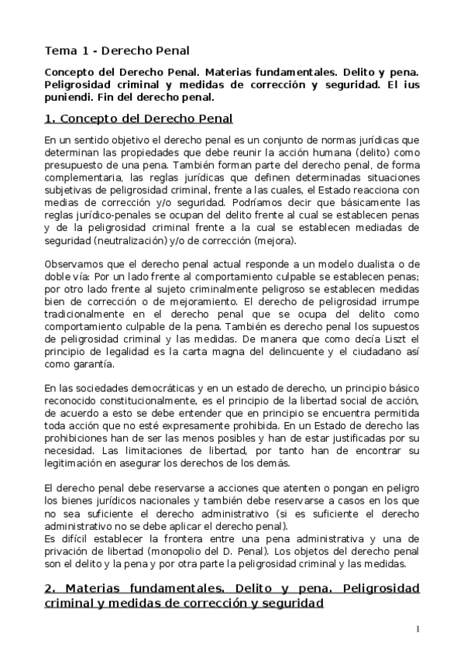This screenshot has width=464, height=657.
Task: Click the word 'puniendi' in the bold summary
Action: click(67, 98)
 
